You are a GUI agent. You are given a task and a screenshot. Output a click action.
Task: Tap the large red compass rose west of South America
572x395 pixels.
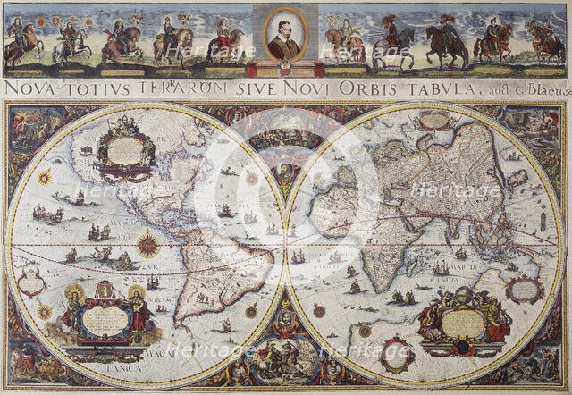pos(147,243)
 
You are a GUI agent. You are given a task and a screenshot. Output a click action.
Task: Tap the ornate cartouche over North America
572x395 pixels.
pos(125,149)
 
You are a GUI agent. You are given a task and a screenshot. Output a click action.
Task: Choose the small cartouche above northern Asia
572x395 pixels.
pos(435,120)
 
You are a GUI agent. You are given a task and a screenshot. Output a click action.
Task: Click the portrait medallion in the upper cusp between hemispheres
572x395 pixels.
pos(285,170)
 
